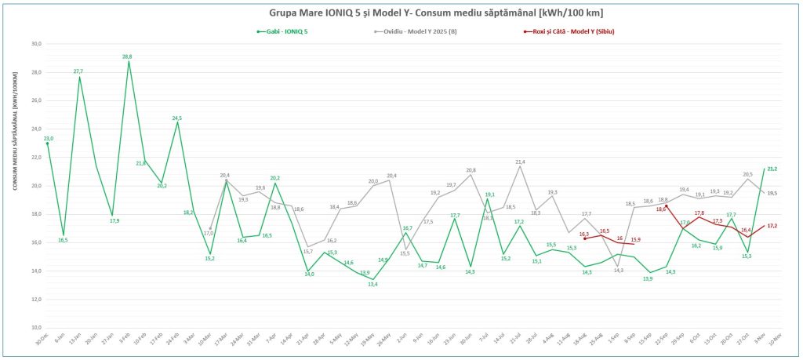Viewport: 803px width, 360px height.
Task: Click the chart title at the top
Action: [401, 14]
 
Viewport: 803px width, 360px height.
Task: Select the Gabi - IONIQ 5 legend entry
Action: [282, 31]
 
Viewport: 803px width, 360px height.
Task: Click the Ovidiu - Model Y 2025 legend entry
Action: [416, 31]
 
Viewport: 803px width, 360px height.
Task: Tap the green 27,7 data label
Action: [78, 71]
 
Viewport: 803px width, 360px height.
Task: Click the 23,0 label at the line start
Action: [48, 138]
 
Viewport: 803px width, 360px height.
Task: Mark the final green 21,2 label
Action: [772, 169]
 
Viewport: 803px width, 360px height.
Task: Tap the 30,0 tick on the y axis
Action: [35, 45]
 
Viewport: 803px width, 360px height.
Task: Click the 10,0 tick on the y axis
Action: [35, 327]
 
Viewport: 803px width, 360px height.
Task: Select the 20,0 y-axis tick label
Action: [35, 186]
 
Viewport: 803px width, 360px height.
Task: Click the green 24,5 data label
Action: [177, 118]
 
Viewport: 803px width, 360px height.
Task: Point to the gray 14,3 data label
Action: [619, 271]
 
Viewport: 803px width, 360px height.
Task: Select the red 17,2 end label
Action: [772, 226]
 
